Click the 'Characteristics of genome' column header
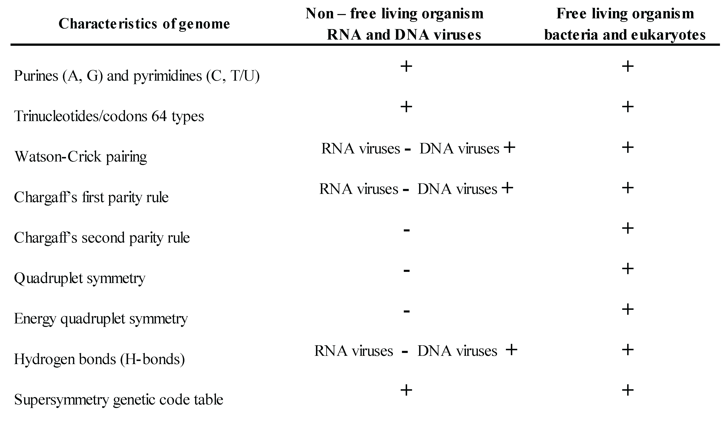point(144,24)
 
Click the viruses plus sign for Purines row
point(406,66)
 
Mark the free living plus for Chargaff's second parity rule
point(628,229)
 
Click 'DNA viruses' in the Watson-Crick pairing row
point(459,149)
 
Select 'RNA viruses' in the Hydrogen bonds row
point(354,351)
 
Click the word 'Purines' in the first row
point(36,76)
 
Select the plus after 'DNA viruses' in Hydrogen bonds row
point(511,350)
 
